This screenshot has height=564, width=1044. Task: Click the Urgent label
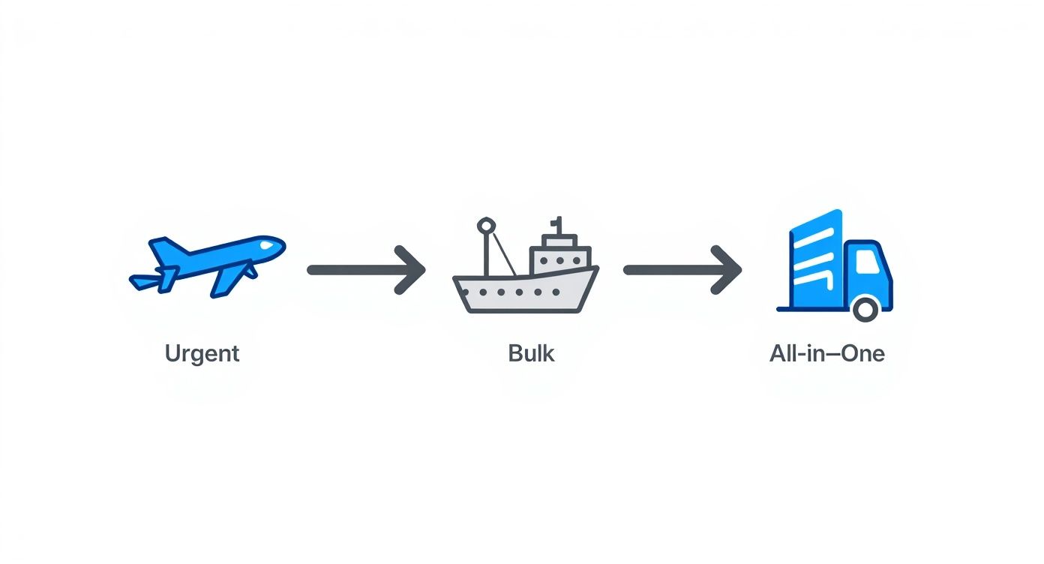pos(202,352)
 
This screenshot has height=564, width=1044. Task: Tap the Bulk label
pos(531,352)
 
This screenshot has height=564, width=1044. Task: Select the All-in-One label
pos(826,352)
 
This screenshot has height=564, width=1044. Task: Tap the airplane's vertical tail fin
pos(166,248)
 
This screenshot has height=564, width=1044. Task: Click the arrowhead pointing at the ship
pos(412,269)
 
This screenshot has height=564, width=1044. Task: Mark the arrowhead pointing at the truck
pos(729,269)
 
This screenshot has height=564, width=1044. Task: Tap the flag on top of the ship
pos(556,223)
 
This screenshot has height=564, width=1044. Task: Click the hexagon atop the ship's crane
pos(485,224)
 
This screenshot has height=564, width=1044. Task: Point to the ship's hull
pos(525,292)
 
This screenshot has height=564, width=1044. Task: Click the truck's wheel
pos(865,307)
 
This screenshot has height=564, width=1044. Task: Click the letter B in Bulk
pos(514,352)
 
